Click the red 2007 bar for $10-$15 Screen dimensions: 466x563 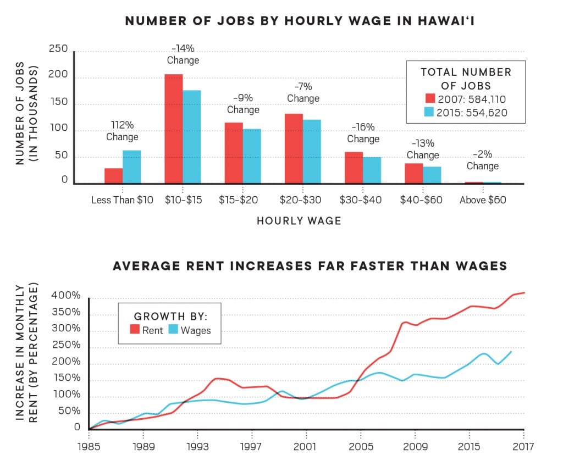coord(173,129)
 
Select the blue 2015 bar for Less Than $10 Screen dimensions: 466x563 coord(131,167)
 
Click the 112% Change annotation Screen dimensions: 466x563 coord(122,131)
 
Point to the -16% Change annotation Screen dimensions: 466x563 coord(363,134)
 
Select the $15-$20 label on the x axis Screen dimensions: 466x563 coord(243,200)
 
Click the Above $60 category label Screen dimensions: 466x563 coord(483,200)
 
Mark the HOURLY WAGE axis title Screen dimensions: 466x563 coord(299,221)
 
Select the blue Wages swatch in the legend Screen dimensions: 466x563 coord(173,330)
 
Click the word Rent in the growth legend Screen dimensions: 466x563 coord(153,330)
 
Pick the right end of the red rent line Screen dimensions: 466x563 coord(523,293)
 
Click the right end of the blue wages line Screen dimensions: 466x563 coord(511,352)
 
